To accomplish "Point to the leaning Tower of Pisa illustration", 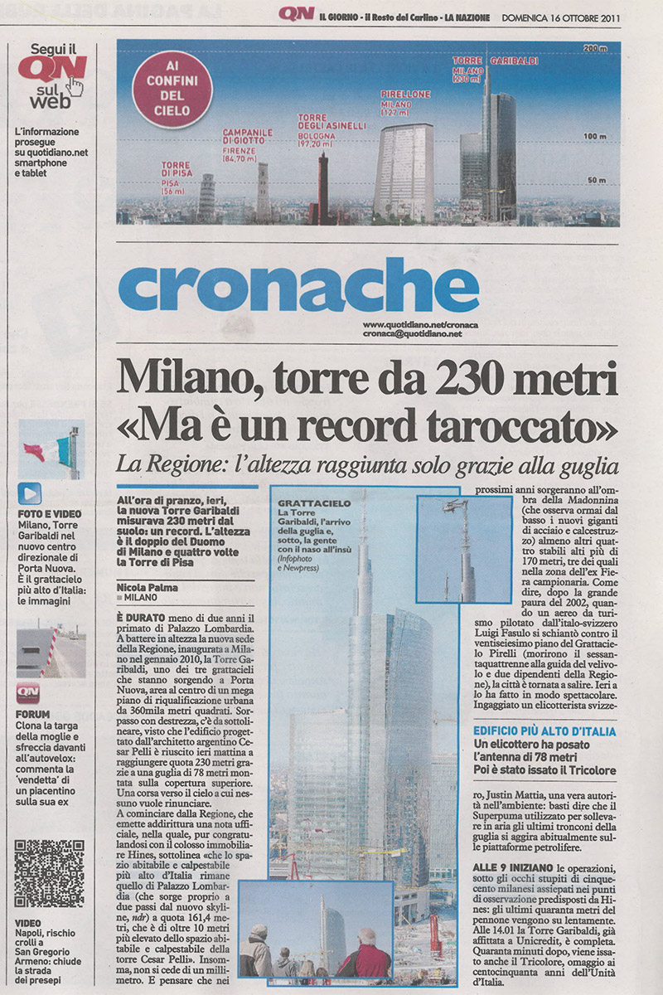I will pos(206,199).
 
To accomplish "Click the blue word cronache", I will pos(298,285).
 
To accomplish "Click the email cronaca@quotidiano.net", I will pos(411,333).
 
